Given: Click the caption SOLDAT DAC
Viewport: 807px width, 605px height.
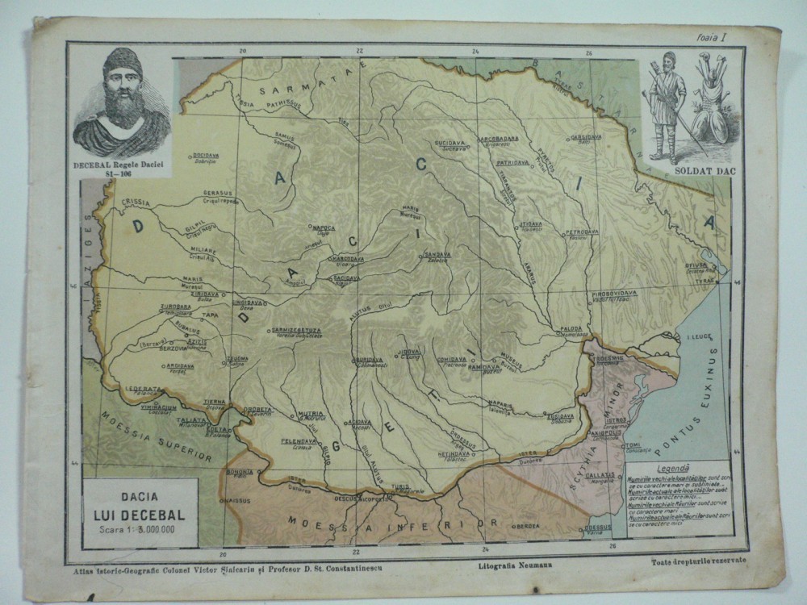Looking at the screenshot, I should coord(694,170).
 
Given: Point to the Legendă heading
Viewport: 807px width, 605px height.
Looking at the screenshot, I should coord(672,468).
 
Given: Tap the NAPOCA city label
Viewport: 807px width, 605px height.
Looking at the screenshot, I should coord(324,227).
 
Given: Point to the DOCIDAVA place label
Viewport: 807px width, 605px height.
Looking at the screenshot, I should coord(207,155).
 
